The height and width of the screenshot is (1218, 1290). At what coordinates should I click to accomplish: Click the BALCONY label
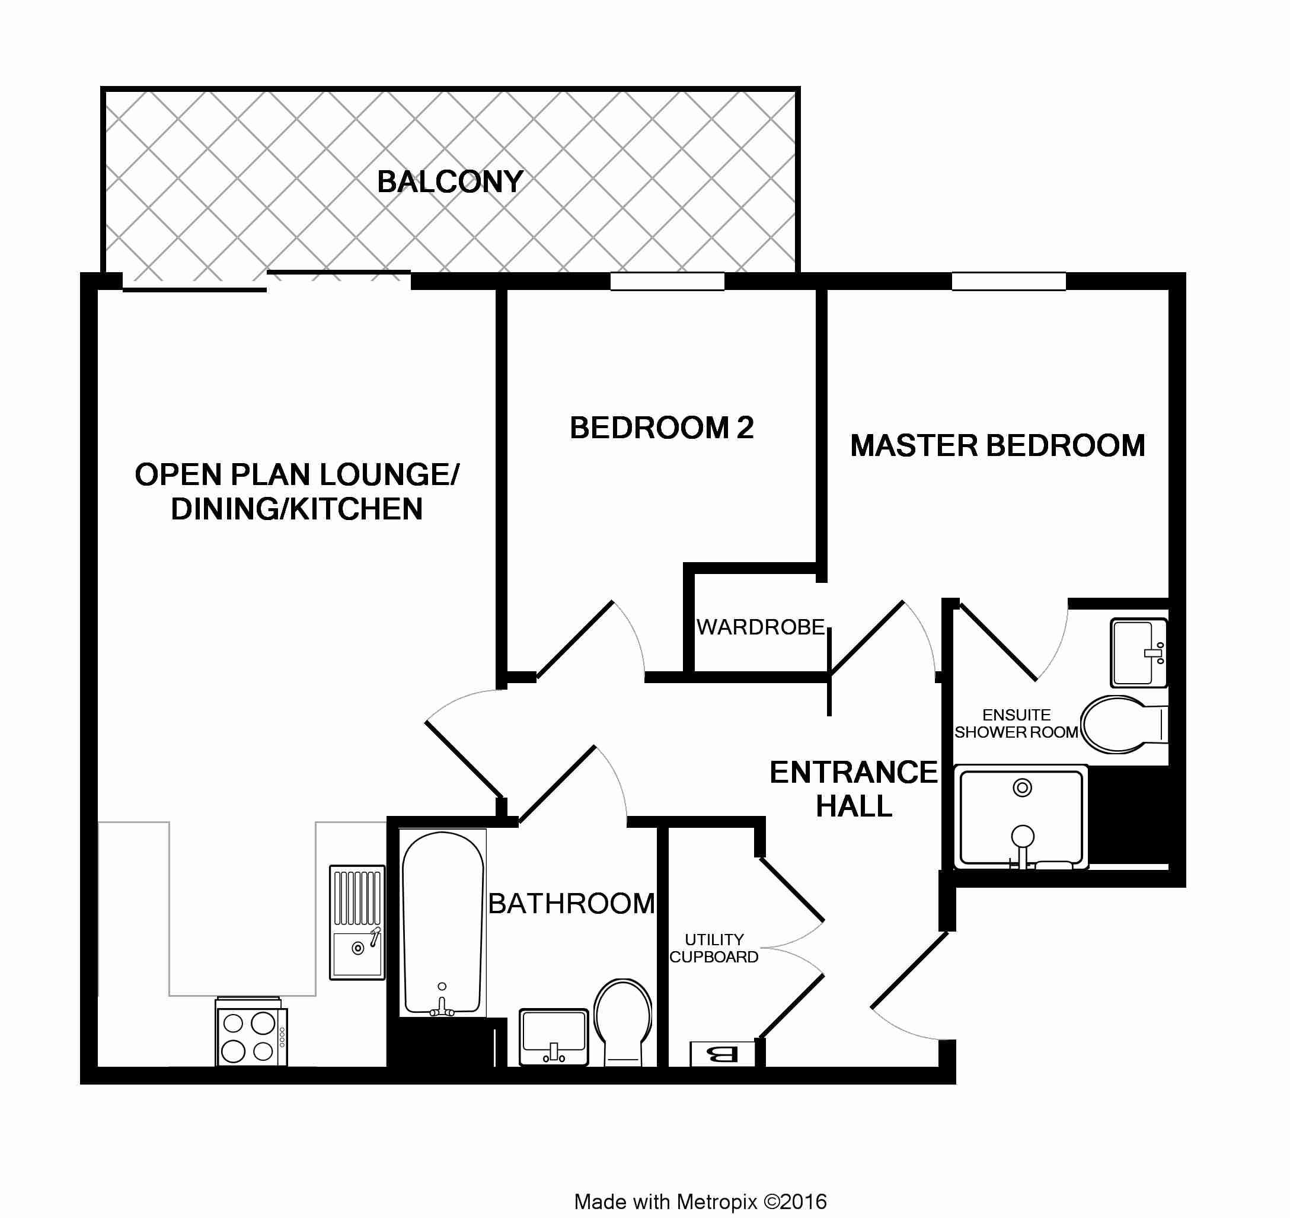[x=450, y=182]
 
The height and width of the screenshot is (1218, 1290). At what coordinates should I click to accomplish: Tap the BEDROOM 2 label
[x=662, y=428]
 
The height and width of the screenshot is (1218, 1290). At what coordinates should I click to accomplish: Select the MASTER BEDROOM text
[x=997, y=446]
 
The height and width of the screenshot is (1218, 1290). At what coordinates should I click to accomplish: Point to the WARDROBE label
[x=760, y=627]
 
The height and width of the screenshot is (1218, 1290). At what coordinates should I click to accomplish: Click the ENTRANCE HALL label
[x=854, y=789]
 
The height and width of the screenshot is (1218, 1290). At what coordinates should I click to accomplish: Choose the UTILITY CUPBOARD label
[x=714, y=948]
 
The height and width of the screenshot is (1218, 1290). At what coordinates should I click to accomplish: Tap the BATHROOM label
[x=571, y=903]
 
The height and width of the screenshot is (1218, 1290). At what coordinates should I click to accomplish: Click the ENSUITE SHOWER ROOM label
[x=1016, y=723]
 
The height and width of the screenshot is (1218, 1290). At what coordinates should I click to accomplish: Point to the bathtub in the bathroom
[x=443, y=923]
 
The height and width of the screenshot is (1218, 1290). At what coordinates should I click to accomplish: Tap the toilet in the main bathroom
[x=623, y=1022]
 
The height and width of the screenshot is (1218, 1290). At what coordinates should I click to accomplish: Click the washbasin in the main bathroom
[x=554, y=1037]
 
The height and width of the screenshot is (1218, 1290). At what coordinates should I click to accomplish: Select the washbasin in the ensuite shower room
[x=1139, y=652]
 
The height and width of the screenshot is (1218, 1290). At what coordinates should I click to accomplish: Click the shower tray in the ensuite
[x=1021, y=817]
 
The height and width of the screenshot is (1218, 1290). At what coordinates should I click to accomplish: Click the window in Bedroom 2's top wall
[x=668, y=281]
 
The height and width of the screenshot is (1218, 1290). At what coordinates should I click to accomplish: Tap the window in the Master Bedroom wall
[x=1009, y=281]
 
